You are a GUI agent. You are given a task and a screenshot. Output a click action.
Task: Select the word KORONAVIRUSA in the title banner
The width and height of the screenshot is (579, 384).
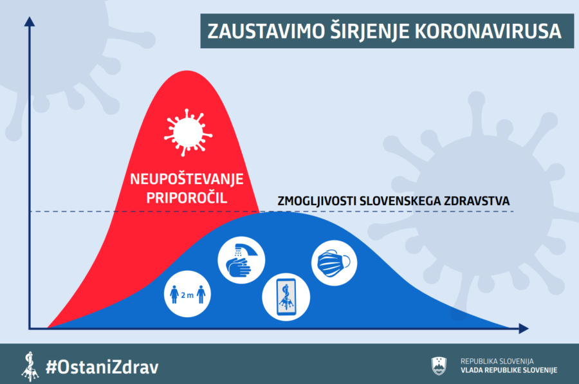click(x=488, y=32)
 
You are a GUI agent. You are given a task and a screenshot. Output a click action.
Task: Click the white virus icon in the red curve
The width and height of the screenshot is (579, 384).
click(x=188, y=133)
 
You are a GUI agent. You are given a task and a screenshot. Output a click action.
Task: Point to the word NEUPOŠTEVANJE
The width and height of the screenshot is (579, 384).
click(x=187, y=179)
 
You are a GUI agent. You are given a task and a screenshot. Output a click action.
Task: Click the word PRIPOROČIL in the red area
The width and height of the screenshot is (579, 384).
click(x=187, y=198)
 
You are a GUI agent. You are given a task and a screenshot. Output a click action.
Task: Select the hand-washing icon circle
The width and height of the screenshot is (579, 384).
click(x=241, y=260)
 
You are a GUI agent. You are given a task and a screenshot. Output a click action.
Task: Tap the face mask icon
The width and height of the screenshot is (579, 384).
click(x=334, y=263)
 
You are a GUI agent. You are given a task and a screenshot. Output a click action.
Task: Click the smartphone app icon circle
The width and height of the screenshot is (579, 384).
click(x=286, y=297)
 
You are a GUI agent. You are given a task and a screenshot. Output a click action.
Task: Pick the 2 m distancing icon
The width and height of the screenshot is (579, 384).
click(x=187, y=294)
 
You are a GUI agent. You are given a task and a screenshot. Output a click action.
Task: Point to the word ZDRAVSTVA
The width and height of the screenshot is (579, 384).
click(x=477, y=201)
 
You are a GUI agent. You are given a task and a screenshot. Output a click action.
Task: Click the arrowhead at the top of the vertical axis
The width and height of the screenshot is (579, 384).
click(x=30, y=21)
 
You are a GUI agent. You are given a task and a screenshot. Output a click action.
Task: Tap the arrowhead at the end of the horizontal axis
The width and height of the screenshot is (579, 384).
click(x=524, y=328)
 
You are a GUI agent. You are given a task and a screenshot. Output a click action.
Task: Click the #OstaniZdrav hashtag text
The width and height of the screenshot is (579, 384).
click(x=102, y=367)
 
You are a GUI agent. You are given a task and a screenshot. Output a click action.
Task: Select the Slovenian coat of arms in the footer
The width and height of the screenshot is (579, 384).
click(x=439, y=366)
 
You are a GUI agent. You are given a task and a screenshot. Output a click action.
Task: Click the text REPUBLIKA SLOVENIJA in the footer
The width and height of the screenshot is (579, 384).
click(x=497, y=361)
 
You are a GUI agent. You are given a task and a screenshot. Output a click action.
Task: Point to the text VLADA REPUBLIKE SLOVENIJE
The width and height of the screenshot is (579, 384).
click(x=509, y=370)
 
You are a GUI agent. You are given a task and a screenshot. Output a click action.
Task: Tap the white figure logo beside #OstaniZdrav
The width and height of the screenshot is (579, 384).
click(x=30, y=367)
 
